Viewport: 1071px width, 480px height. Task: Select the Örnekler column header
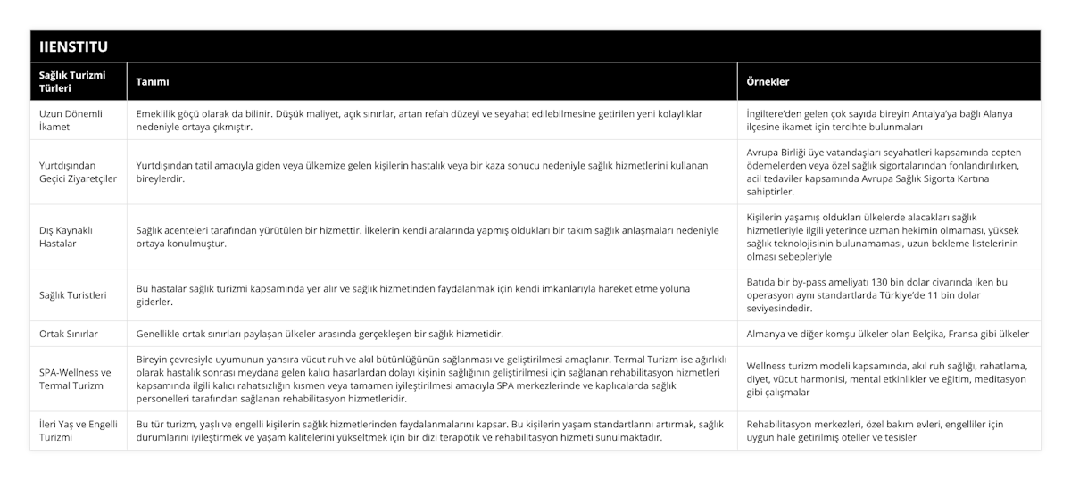click(768, 81)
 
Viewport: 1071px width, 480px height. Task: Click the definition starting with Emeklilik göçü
click(419, 120)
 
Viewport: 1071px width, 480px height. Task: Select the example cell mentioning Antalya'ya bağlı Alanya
click(879, 120)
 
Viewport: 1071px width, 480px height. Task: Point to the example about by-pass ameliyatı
click(879, 294)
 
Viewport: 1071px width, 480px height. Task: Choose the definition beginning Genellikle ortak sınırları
click(318, 334)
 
